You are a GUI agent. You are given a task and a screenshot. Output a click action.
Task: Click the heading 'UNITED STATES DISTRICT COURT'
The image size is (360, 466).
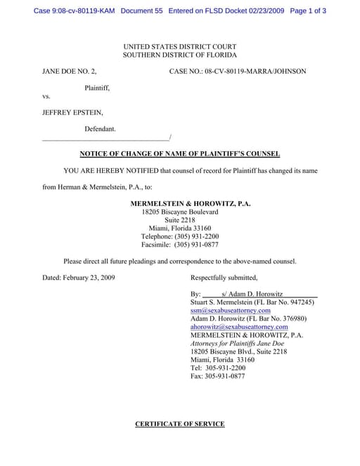click(179, 46)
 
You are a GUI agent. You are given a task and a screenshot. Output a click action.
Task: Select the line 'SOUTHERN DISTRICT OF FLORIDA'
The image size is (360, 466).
click(179, 55)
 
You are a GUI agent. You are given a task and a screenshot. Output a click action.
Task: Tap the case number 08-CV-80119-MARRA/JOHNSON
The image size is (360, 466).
click(237, 72)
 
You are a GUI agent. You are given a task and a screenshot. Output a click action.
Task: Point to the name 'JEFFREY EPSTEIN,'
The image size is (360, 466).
click(72, 112)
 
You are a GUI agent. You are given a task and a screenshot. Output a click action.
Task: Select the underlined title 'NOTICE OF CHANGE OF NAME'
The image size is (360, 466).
click(179, 154)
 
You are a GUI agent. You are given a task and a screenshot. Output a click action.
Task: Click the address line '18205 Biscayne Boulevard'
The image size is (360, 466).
click(180, 212)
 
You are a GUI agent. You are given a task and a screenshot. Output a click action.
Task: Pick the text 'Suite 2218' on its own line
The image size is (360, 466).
click(180, 220)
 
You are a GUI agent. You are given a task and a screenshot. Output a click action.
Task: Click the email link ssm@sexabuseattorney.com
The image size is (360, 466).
click(230, 310)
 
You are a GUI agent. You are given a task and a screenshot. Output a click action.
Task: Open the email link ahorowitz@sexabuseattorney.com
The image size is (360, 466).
click(239, 327)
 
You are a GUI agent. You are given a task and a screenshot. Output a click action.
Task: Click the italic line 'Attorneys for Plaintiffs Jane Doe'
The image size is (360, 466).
click(236, 344)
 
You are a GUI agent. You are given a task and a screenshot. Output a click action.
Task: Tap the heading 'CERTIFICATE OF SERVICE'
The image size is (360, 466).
click(179, 424)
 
